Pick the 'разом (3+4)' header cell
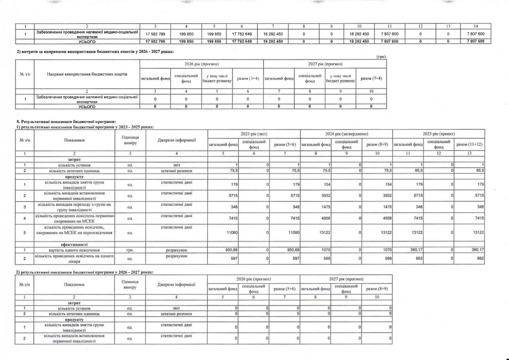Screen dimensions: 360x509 click(248, 79)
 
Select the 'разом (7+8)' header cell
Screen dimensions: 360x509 click(371, 79)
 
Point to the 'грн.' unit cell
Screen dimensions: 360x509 click(130, 250)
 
